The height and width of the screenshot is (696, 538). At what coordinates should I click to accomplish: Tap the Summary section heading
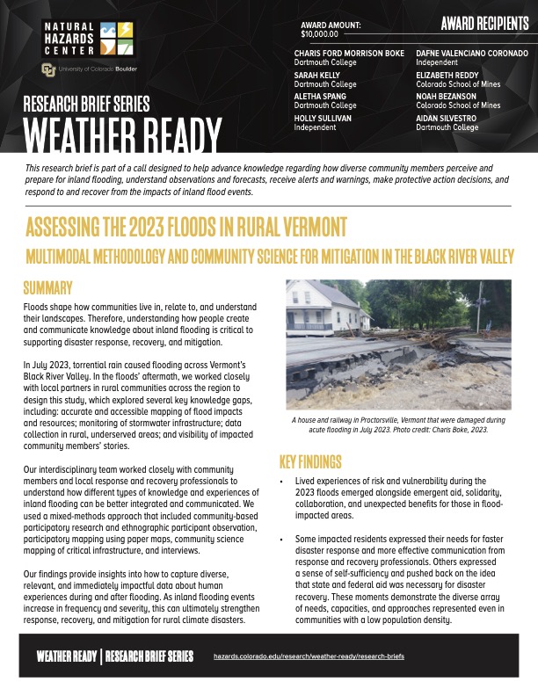(x=52, y=287)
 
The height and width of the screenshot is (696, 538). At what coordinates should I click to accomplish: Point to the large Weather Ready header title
(x=123, y=134)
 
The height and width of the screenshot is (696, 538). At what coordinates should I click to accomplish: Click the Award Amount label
(x=331, y=25)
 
